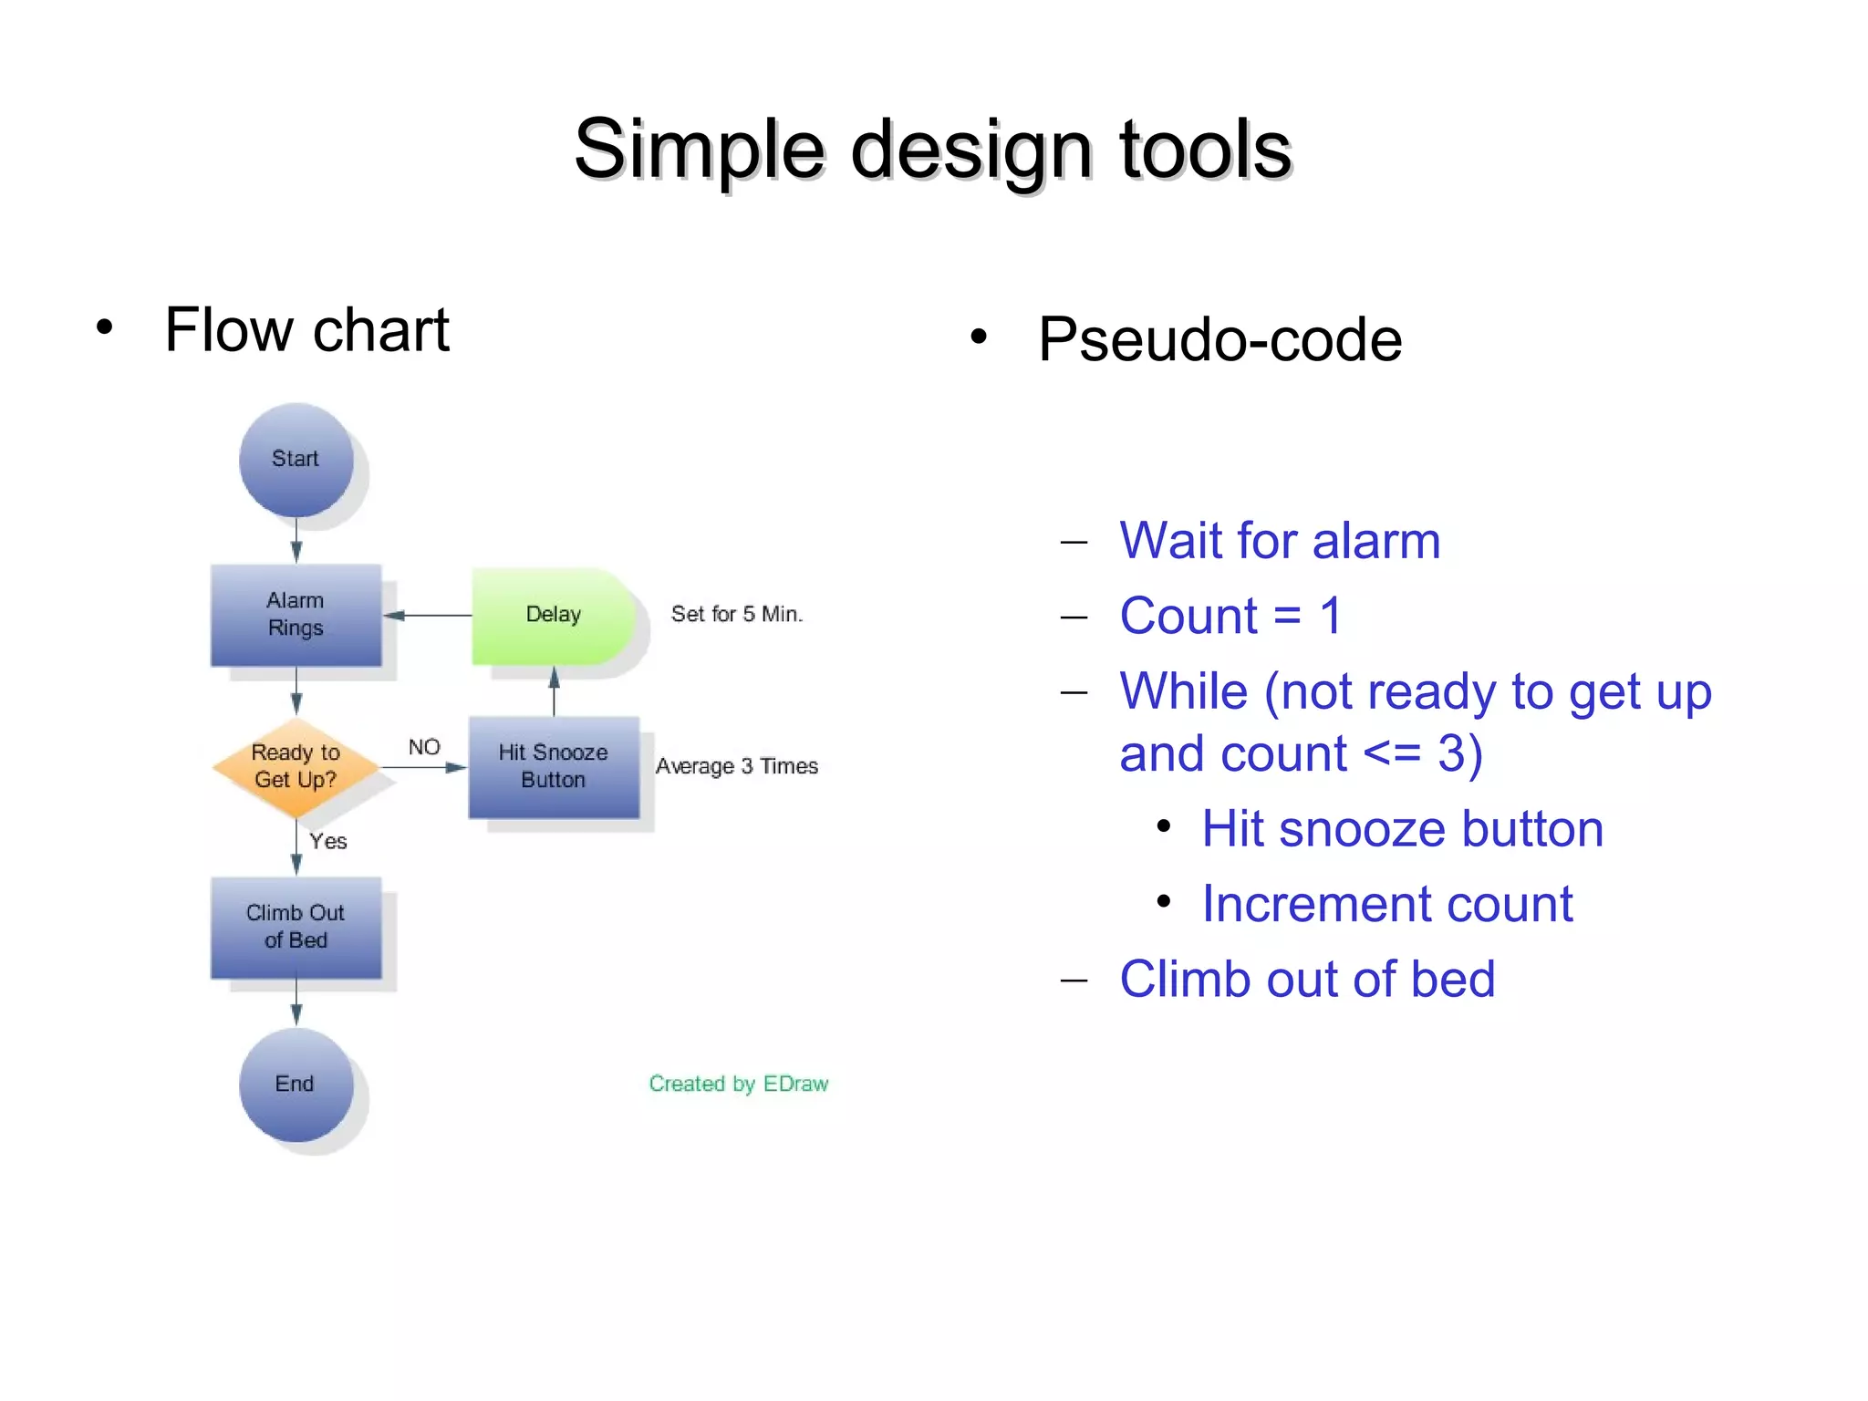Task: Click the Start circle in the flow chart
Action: tap(296, 460)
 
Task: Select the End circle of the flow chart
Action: tap(296, 1084)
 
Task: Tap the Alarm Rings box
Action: tap(296, 615)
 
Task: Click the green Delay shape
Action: tap(552, 615)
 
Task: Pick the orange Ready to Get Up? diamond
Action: tap(296, 766)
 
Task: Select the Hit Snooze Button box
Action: tap(554, 766)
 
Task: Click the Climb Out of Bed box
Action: tap(296, 927)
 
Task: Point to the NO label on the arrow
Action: tap(424, 747)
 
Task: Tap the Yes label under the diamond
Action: tap(327, 841)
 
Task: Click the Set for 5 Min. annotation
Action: tap(737, 614)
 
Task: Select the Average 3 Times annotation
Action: tap(737, 766)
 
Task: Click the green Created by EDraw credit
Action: tap(738, 1084)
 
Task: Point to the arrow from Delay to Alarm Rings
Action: tap(429, 616)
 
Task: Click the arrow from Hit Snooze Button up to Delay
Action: tap(554, 693)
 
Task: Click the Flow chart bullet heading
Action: tap(306, 329)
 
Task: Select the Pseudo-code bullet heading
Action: tap(1219, 339)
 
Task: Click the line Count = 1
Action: tap(1230, 616)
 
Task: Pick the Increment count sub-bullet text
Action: tap(1386, 904)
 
